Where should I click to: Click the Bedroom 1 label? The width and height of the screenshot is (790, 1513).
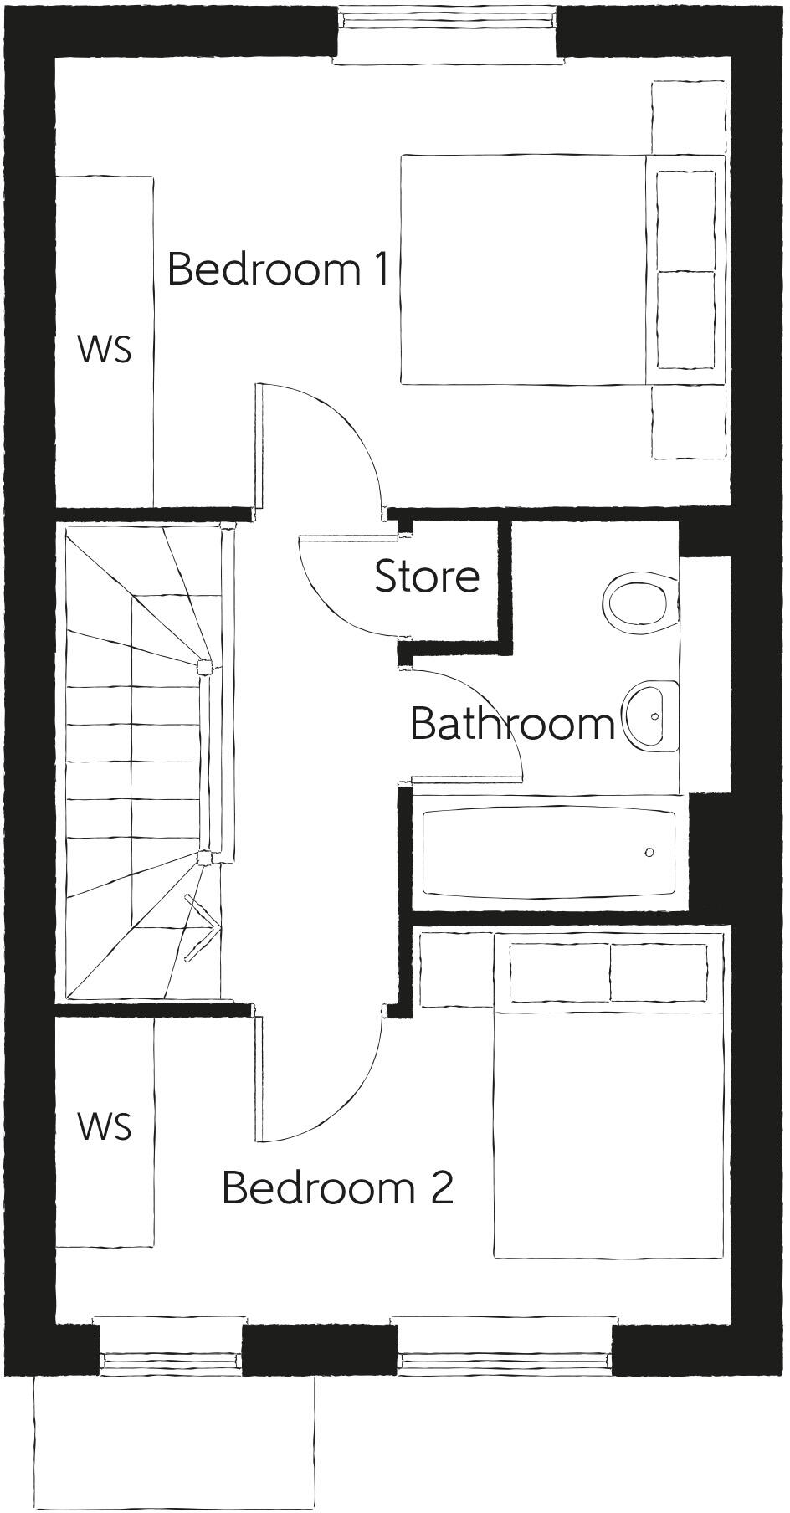click(278, 269)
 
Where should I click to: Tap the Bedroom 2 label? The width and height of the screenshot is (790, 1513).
click(337, 1187)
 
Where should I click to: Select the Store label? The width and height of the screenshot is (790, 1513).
click(427, 577)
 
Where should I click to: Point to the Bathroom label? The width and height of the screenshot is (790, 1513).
click(512, 723)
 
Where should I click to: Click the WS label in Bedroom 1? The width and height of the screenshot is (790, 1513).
click(105, 349)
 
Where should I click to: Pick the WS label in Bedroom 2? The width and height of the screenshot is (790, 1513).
click(105, 1126)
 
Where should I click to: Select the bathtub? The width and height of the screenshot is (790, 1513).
click(549, 853)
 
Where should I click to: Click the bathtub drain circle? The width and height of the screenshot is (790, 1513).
click(649, 853)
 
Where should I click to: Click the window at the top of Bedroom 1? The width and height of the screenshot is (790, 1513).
click(449, 32)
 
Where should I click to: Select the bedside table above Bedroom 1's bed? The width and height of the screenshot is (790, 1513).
click(688, 117)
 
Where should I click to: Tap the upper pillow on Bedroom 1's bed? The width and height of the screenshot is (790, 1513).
click(685, 221)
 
